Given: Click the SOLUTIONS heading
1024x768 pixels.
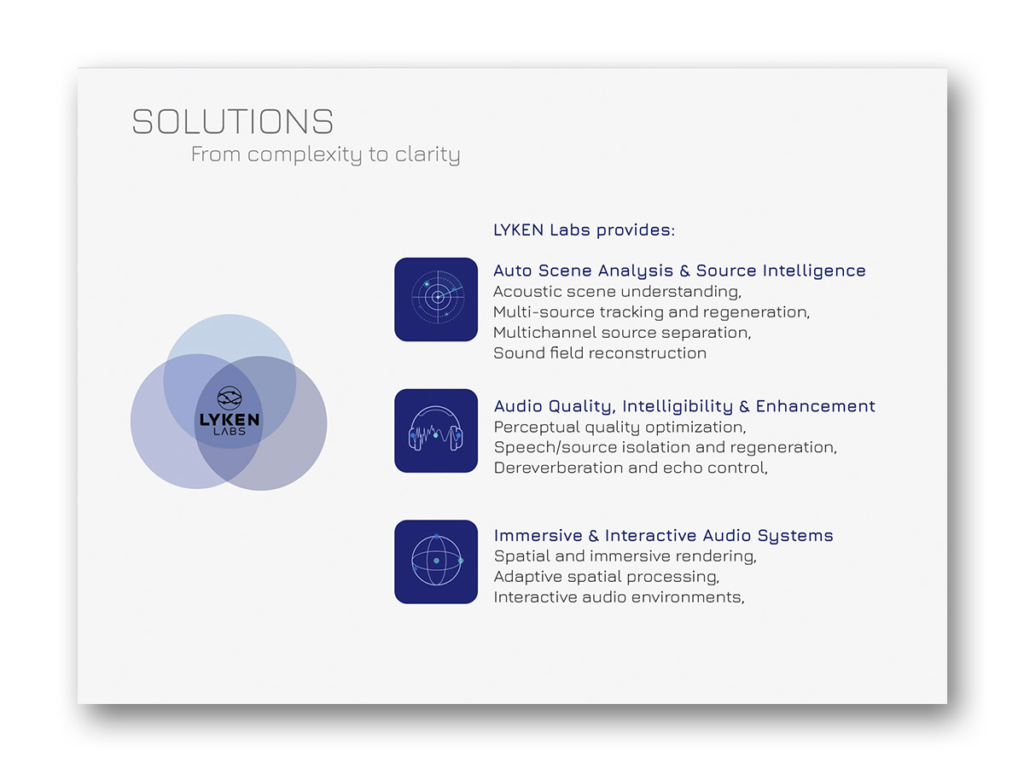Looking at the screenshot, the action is (x=232, y=121).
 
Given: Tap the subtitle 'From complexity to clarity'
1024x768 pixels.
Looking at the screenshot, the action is (x=325, y=154).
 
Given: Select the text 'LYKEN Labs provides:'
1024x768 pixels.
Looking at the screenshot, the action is (x=584, y=230).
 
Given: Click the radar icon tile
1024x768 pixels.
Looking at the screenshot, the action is (x=436, y=300).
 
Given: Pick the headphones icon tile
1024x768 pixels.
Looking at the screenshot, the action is (x=436, y=430).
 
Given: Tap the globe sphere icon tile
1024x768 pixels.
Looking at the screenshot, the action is (x=436, y=561).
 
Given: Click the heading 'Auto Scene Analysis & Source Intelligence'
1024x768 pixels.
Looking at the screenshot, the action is (x=679, y=271).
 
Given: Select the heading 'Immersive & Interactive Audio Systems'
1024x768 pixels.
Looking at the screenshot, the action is (x=663, y=536).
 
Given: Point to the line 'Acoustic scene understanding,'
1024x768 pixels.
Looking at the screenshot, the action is (x=617, y=292).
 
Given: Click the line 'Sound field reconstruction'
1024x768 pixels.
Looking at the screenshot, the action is (x=600, y=353).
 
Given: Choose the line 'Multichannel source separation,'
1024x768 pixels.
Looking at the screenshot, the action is (x=622, y=333).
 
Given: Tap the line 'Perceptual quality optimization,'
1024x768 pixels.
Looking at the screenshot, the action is (x=620, y=428).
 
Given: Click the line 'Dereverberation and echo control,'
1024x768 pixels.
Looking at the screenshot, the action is (x=631, y=468).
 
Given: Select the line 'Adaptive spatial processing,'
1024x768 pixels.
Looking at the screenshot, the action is (x=607, y=577).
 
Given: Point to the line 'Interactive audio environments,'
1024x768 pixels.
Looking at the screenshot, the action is (x=619, y=597).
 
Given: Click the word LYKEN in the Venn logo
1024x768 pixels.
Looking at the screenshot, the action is (x=229, y=420).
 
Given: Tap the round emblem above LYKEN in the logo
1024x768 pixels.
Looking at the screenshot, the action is (x=229, y=398).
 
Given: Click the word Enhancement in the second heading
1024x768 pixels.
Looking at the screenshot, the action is (x=816, y=406).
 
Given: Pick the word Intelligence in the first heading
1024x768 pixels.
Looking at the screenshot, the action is (x=814, y=271).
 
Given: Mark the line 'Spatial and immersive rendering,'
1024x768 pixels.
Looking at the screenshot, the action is (x=625, y=556).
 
